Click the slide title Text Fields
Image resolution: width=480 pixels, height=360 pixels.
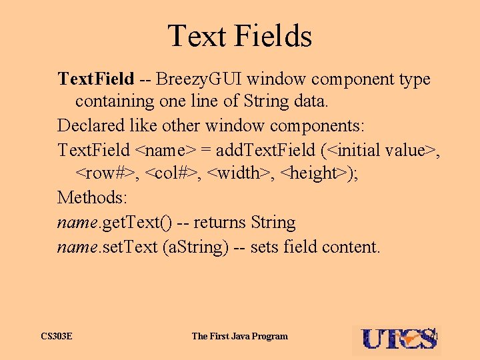click(x=239, y=35)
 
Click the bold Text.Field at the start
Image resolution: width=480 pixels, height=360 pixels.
click(x=96, y=79)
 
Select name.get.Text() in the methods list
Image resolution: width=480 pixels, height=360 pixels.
click(x=109, y=222)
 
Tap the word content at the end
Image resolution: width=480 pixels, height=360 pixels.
click(x=351, y=247)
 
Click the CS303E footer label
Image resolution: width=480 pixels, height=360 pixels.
click(x=56, y=336)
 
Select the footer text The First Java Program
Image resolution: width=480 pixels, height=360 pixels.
click(x=239, y=336)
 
